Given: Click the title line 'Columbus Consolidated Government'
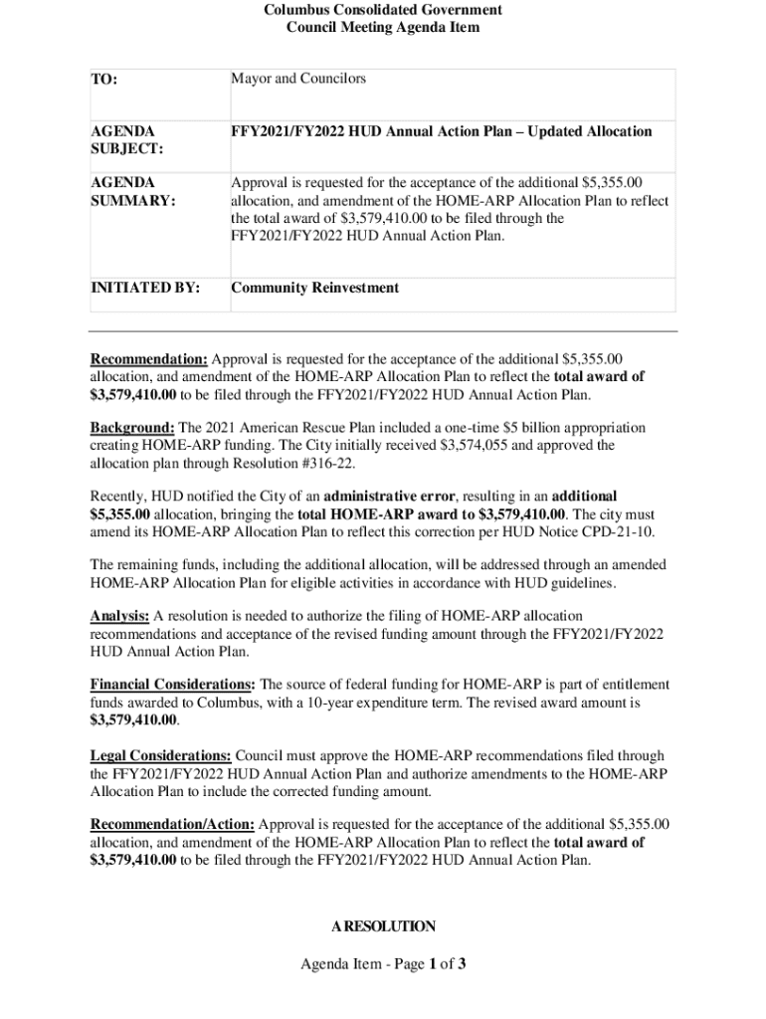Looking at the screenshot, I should pos(383,10).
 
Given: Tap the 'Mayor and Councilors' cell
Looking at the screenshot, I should pos(298,79).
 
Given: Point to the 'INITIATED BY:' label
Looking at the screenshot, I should pos(145,289).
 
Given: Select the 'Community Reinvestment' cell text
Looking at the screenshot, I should pos(314,289).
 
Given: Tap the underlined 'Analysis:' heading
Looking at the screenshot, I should pos(119,616).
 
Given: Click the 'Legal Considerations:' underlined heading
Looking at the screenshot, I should pos(161,756).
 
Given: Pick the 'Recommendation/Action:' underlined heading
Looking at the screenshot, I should pos(172,825).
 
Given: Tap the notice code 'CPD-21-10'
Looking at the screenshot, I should pos(620,531).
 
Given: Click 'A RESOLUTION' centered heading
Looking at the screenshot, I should pos(383,926).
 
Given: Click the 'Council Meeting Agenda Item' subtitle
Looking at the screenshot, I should pos(383,28).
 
